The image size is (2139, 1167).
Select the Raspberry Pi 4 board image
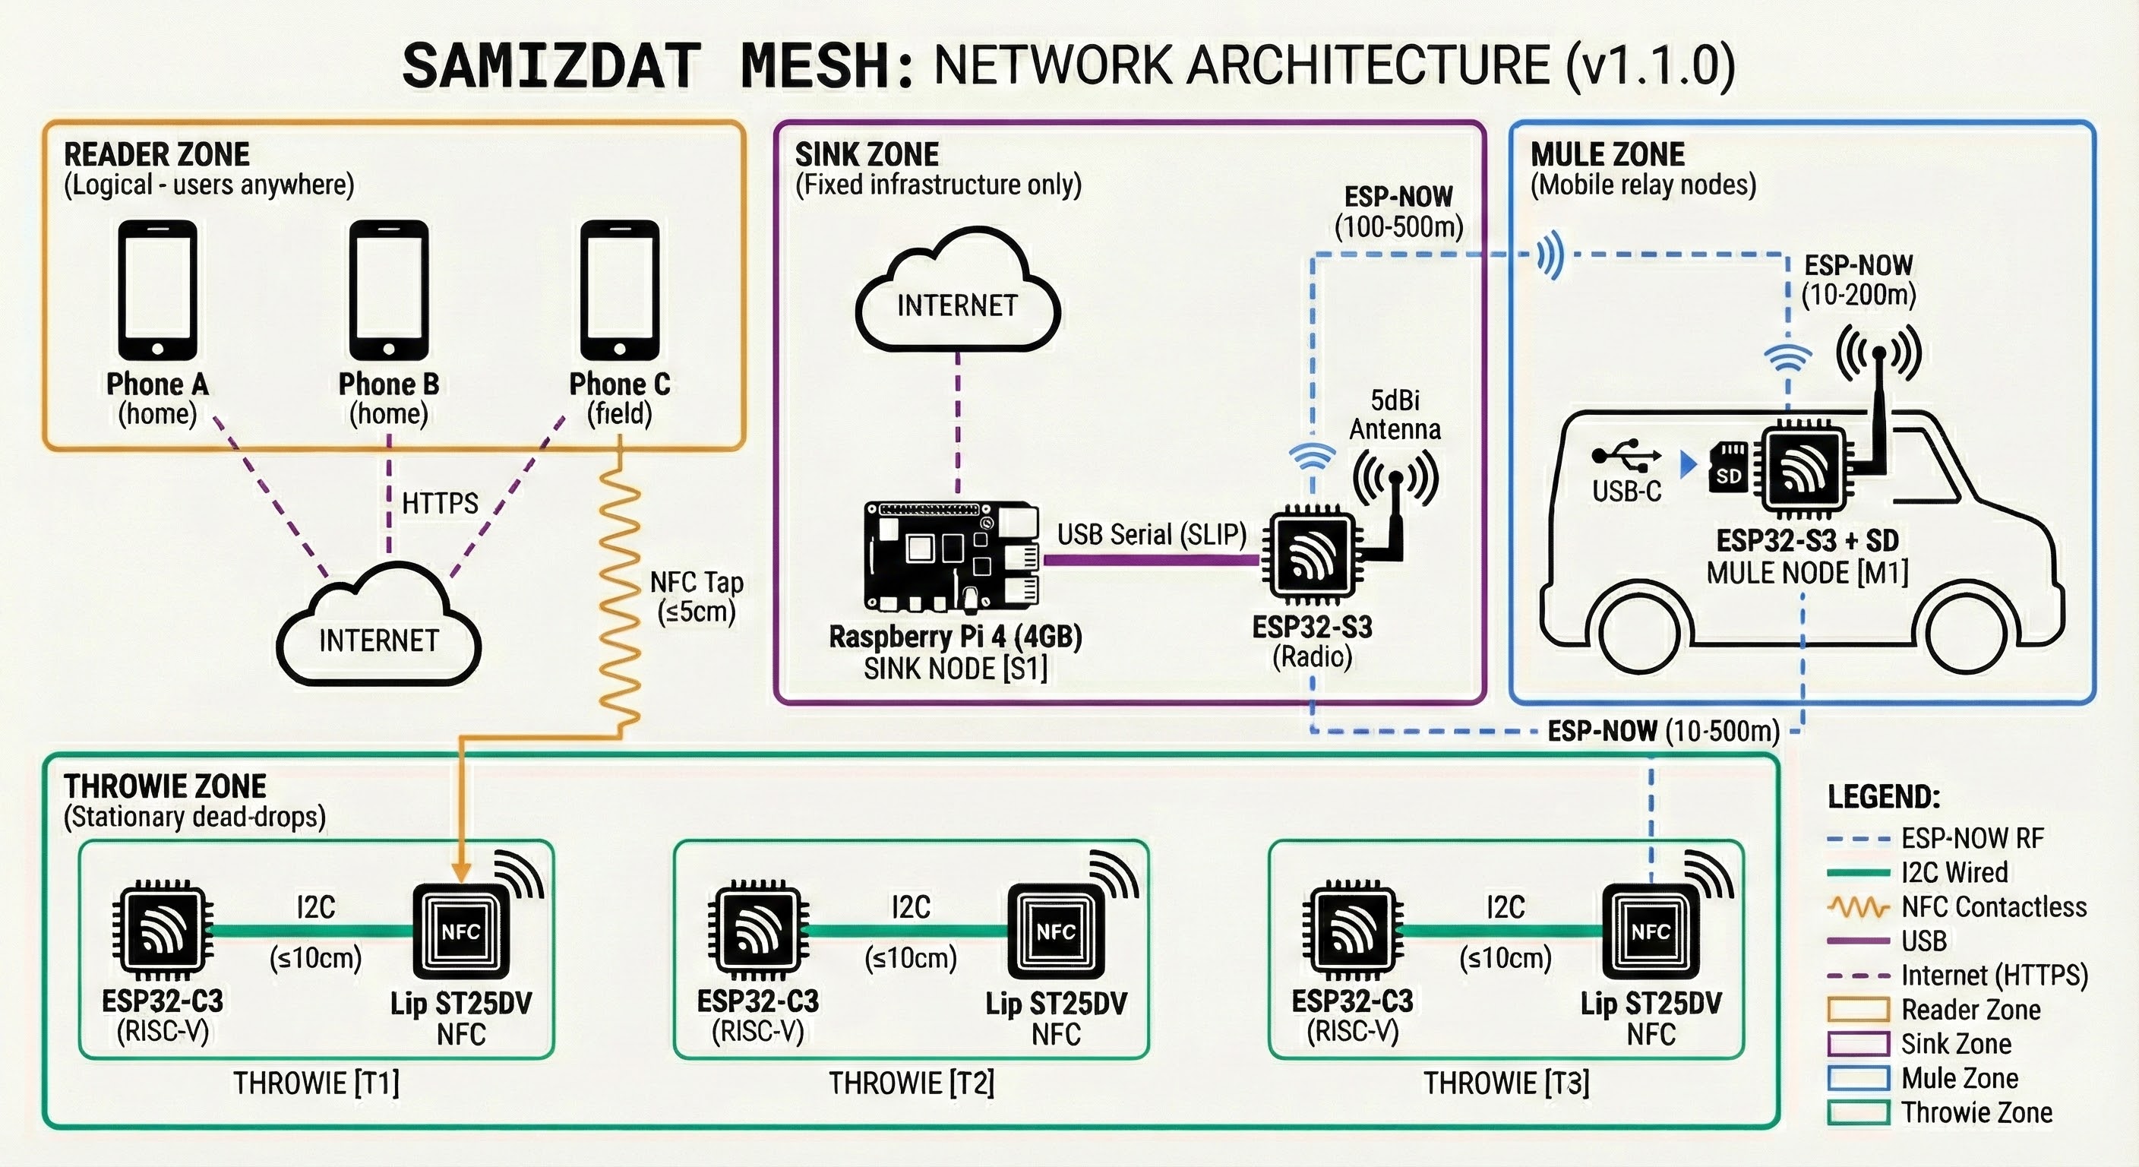(x=952, y=555)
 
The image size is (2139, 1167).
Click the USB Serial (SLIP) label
(x=1152, y=535)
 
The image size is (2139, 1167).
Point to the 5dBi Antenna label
(x=1395, y=415)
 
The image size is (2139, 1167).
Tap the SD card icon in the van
(x=1729, y=467)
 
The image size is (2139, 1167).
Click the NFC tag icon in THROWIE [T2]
(x=1055, y=932)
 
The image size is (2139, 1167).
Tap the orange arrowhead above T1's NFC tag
(x=462, y=872)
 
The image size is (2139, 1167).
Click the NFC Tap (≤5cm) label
(x=696, y=596)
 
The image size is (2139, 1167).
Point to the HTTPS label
(x=440, y=504)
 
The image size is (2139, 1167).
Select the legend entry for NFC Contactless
(x=1993, y=906)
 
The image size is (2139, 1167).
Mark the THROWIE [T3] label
(x=1506, y=1083)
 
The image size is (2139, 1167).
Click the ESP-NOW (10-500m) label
(x=1663, y=731)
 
